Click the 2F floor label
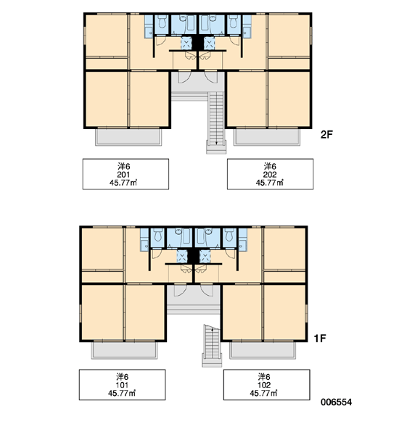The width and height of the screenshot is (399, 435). pos(326,135)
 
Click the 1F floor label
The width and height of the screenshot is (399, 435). pos(320,339)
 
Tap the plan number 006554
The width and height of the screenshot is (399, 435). pos(337,402)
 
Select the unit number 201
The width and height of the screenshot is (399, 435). pos(123,175)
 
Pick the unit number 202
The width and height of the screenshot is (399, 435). pos(270,175)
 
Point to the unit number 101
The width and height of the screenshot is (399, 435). pos(122,385)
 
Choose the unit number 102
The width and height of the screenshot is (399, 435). pos(264,385)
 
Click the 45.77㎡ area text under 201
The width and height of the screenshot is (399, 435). pos(123,183)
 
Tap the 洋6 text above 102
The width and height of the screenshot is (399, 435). pos(264,377)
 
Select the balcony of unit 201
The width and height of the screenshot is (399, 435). pos(128,136)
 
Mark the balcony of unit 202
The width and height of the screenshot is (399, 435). pos(266,136)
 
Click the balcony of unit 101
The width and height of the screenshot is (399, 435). pos(124,350)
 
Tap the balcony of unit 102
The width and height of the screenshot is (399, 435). pos(263,350)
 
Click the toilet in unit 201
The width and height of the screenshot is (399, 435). pos(162,22)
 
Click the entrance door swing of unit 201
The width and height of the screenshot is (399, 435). pos(184,77)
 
